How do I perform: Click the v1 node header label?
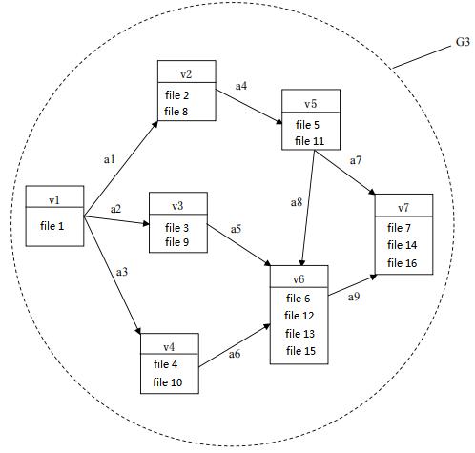[x=54, y=200]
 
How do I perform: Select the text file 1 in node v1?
[x=52, y=226]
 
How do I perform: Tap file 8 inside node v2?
[x=176, y=112]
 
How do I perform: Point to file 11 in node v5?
[x=309, y=141]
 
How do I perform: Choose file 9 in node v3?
[x=176, y=242]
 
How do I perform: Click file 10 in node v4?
[x=167, y=382]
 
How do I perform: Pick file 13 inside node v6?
[x=299, y=334]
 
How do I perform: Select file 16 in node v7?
[x=402, y=263]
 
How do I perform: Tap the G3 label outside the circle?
[x=463, y=42]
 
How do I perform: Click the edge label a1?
[x=110, y=159]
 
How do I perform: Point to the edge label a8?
[x=297, y=202]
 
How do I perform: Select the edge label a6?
[x=235, y=354]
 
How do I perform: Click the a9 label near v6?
[x=354, y=297]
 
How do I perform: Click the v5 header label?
[x=311, y=104]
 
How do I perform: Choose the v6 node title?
[x=299, y=279]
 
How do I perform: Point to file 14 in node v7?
[x=402, y=245]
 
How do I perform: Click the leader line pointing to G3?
[x=422, y=56]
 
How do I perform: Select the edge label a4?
[x=241, y=86]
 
